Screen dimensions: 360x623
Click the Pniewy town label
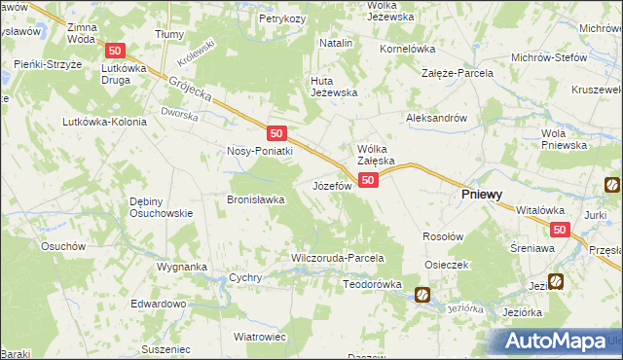coord(481,195)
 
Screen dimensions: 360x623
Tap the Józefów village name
coord(331,185)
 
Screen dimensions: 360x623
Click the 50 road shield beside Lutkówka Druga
coord(116,51)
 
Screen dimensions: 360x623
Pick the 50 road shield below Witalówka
coord(559,230)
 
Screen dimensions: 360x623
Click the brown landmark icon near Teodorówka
coord(422,294)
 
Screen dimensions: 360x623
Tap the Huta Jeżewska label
coord(334,87)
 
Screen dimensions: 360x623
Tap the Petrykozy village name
coord(283,18)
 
